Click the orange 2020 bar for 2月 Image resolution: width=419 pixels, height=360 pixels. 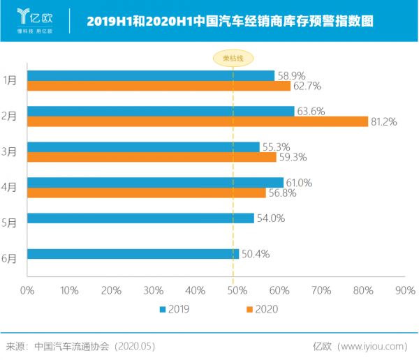(197, 121)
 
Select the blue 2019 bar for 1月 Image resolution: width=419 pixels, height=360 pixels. (150, 75)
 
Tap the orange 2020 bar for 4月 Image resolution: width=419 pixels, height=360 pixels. (146, 193)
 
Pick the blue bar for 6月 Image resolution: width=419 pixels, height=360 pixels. (133, 254)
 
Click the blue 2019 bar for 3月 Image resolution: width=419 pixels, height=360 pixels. (143, 147)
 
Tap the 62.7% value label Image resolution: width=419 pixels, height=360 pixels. (306, 87)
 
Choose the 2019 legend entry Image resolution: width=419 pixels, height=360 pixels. (175, 308)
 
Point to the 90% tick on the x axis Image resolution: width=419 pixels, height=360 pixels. (404, 290)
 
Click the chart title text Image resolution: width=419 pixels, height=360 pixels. (230, 21)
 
